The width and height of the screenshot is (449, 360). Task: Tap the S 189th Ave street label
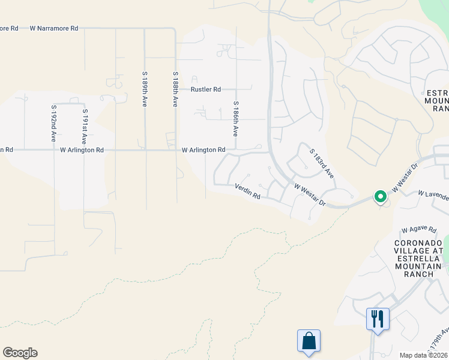pyautogui.click(x=145, y=89)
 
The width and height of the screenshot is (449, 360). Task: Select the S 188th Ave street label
pyautogui.click(x=175, y=89)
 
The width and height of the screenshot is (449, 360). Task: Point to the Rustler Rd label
pyautogui.click(x=206, y=89)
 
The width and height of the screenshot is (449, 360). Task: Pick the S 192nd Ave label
pyautogui.click(x=54, y=122)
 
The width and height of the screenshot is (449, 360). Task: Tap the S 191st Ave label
pyautogui.click(x=85, y=126)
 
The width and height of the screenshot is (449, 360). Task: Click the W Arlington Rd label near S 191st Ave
pyautogui.click(x=82, y=150)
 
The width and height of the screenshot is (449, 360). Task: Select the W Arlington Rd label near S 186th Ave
pyautogui.click(x=203, y=150)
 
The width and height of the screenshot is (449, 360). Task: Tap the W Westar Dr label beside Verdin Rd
pyautogui.click(x=310, y=195)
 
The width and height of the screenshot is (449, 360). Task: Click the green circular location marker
pyautogui.click(x=380, y=196)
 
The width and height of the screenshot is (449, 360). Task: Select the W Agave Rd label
pyautogui.click(x=419, y=229)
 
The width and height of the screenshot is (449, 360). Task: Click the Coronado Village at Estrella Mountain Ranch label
pyautogui.click(x=418, y=259)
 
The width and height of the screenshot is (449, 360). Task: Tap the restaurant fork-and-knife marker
pyautogui.click(x=378, y=318)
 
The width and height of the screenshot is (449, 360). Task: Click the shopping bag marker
pyautogui.click(x=309, y=341)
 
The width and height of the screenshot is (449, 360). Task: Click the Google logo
pyautogui.click(x=20, y=353)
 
